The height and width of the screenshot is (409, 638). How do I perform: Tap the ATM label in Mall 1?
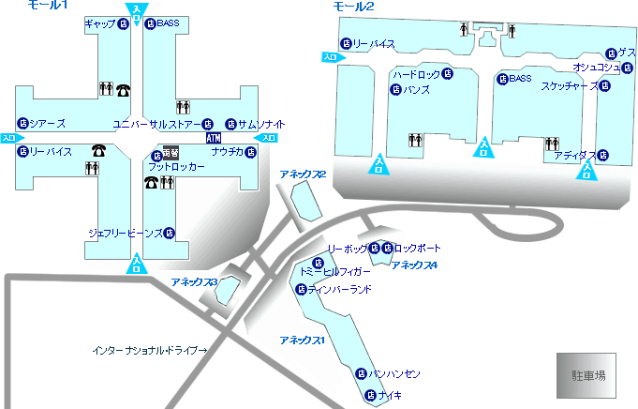pyautogui.click(x=213, y=138)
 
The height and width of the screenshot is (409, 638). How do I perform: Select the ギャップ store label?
pyautogui.click(x=100, y=23)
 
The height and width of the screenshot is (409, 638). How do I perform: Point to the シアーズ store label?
pyautogui.click(x=46, y=123)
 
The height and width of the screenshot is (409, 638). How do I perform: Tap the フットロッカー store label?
pyautogui.click(x=175, y=167)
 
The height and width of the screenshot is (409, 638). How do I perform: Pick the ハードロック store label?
pyautogui.click(x=416, y=73)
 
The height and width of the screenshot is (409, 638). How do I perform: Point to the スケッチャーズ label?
pyautogui.click(x=569, y=85)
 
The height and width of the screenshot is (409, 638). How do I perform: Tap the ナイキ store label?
pyautogui.click(x=390, y=395)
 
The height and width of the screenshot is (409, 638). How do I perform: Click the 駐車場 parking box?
pyautogui.click(x=588, y=373)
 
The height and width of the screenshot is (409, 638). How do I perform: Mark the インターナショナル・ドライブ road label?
pyautogui.click(x=149, y=350)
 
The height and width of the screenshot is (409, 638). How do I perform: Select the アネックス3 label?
pyautogui.click(x=194, y=281)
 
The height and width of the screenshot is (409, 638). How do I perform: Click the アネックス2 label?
pyautogui.click(x=302, y=174)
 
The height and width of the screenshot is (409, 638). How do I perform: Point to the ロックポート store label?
pyautogui.click(x=416, y=249)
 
